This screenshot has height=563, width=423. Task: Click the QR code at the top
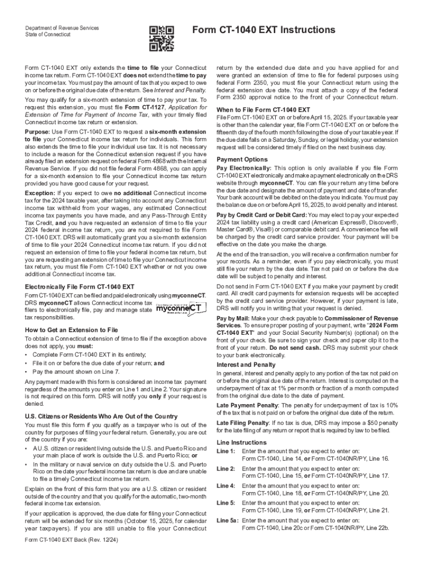click(162, 38)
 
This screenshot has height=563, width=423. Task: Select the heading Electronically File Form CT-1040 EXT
click(80, 286)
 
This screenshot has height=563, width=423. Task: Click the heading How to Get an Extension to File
click(71, 330)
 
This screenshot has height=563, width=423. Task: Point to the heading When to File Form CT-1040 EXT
click(264, 109)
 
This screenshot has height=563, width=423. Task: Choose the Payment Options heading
click(242, 159)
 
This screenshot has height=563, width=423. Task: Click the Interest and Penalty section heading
click(247, 365)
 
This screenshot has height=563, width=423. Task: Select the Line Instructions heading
click(242, 442)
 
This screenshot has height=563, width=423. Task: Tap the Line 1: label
click(226, 451)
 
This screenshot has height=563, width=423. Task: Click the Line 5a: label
click(227, 520)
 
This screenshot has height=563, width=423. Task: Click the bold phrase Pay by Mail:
click(234, 318)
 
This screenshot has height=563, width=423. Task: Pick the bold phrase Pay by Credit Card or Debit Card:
click(262, 214)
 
